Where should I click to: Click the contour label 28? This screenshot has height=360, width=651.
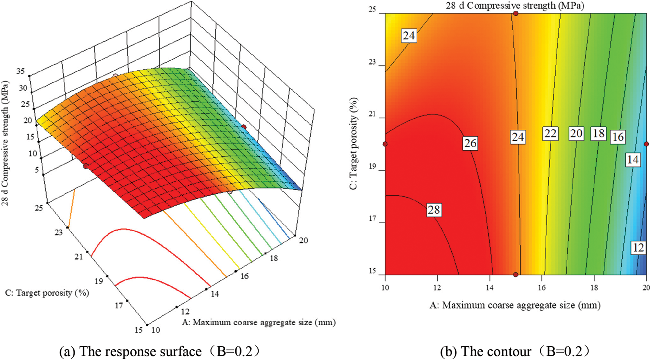click(434, 210)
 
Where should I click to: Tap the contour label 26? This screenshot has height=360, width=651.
click(470, 143)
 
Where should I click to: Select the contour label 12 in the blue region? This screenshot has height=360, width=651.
click(638, 248)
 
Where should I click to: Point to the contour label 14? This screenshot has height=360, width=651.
click(632, 159)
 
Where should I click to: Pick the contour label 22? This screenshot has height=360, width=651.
click(550, 134)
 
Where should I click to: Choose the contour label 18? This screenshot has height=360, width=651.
click(599, 133)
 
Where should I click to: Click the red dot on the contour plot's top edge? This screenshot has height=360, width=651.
click(516, 13)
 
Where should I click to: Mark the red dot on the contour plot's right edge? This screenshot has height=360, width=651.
click(646, 144)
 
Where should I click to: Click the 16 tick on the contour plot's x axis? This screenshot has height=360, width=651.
click(542, 287)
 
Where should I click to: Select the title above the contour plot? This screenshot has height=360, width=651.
click(515, 5)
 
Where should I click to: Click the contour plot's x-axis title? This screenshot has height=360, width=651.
click(515, 305)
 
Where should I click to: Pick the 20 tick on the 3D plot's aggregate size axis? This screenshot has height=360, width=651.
click(303, 240)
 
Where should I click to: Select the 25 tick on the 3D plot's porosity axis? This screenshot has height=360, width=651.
click(38, 208)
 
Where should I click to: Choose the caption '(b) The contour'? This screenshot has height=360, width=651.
click(515, 352)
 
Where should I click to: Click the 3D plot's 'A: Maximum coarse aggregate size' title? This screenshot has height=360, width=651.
click(259, 322)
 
